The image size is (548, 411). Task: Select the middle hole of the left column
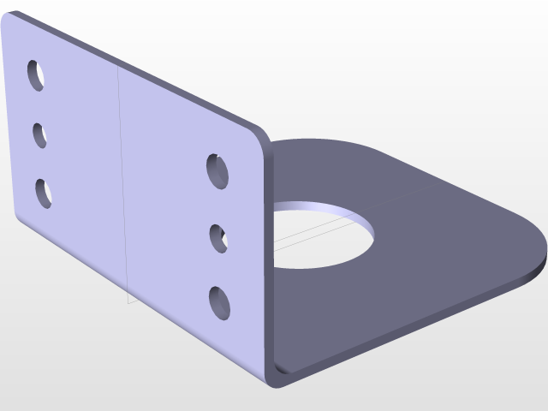click(40, 135)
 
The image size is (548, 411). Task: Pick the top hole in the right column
click(218, 170)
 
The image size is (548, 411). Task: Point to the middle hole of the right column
click(218, 237)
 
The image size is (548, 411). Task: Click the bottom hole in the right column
click(220, 302)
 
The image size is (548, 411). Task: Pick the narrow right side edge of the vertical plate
click(268, 257)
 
